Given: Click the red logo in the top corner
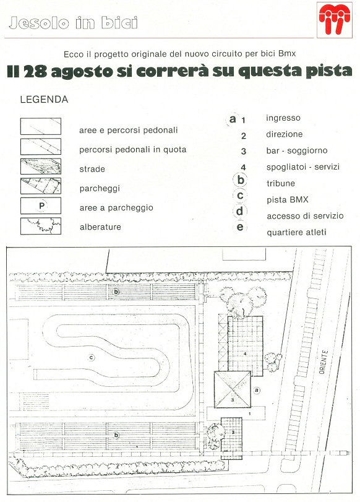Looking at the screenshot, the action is click(x=335, y=20).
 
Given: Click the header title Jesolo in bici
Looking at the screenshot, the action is click(x=73, y=23).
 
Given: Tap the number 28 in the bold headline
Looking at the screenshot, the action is click(x=35, y=72).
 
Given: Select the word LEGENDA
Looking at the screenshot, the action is click(x=44, y=99).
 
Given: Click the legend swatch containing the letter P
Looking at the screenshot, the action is click(x=41, y=206).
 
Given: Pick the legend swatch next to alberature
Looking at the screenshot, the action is click(x=41, y=226).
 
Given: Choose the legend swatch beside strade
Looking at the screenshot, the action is click(x=41, y=167).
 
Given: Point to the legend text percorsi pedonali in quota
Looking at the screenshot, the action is click(x=133, y=150).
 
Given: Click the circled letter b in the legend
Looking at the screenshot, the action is click(x=241, y=180).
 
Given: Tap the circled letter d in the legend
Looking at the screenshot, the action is click(x=240, y=211).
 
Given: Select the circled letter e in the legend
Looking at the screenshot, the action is click(x=240, y=227).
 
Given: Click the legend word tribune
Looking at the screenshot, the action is click(x=281, y=183).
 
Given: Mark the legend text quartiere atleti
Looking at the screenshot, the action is click(x=297, y=232).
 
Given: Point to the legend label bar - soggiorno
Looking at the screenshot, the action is click(x=297, y=150).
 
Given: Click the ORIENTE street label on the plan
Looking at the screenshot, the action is click(x=324, y=362).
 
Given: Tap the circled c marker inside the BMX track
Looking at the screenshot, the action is click(x=92, y=357).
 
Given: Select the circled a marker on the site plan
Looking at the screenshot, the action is click(x=256, y=390).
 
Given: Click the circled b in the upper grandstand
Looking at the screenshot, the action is click(x=116, y=292).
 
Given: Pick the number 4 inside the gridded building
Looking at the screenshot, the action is click(x=245, y=354).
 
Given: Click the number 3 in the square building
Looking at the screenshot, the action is click(x=233, y=400).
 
